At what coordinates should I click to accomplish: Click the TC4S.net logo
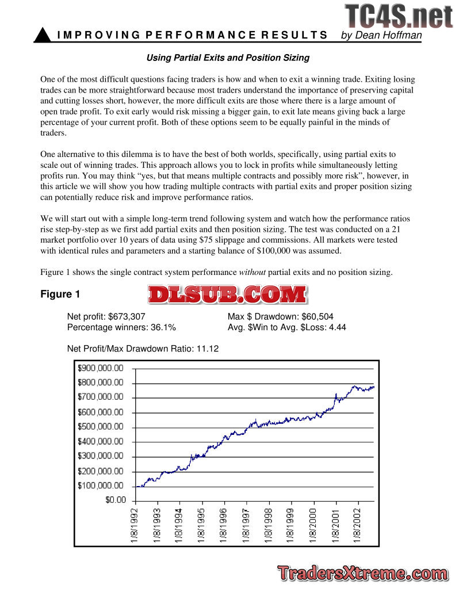click(x=399, y=16)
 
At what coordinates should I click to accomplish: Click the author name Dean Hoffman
click(x=381, y=36)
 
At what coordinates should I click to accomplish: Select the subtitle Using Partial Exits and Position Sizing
click(x=228, y=58)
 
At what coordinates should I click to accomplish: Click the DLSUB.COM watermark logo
click(x=227, y=294)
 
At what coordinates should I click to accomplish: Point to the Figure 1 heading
click(x=60, y=294)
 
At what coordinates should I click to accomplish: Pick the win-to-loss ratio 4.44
click(x=336, y=327)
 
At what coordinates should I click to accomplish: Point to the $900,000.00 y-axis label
click(x=101, y=368)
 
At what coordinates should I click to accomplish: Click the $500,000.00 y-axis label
click(x=101, y=427)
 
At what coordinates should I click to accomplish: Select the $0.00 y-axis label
click(x=115, y=500)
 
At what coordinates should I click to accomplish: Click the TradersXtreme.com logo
click(x=361, y=573)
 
